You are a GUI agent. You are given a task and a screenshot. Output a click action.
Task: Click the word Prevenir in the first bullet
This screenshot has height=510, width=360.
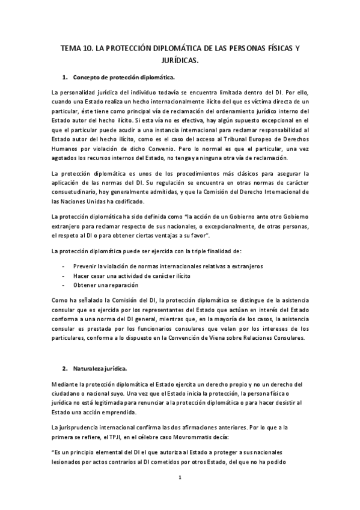pyautogui.click(x=85, y=265)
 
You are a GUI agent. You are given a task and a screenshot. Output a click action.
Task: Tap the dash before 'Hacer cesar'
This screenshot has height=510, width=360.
pyautogui.click(x=64, y=275)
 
